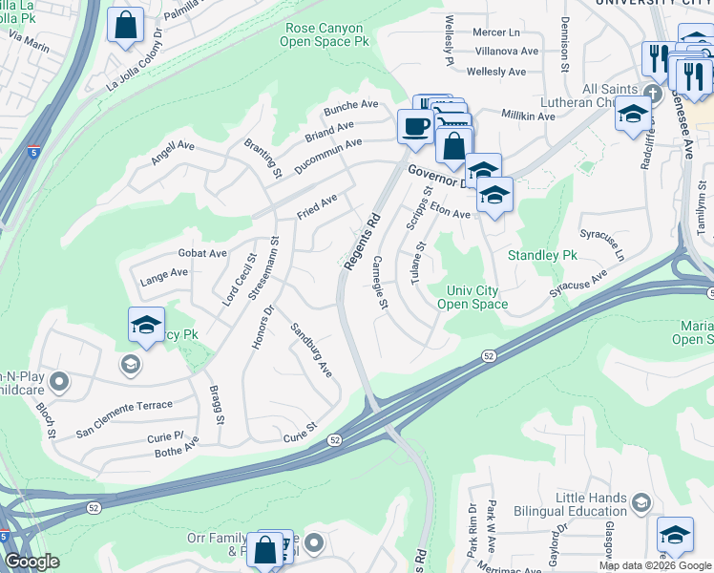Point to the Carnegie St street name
click(x=380, y=283)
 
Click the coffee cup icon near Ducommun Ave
click(x=415, y=126)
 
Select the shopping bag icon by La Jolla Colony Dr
click(x=125, y=26)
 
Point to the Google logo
click(x=31, y=561)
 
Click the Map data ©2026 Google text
click(x=655, y=565)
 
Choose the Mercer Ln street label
click(x=493, y=32)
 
